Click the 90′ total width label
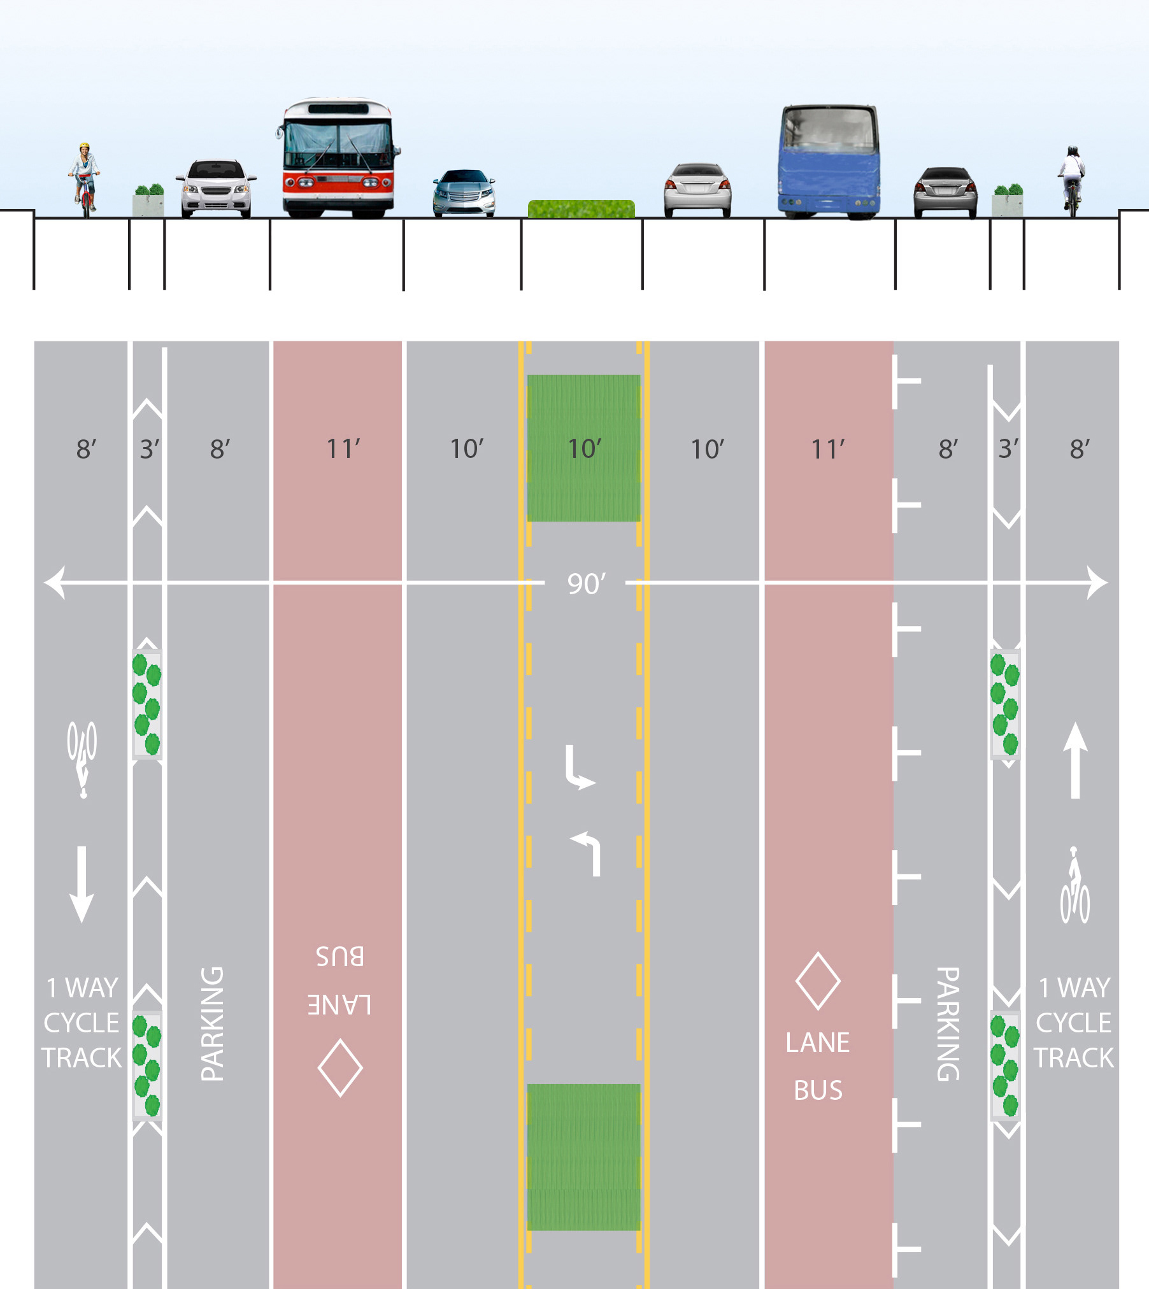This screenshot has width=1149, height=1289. point(586,583)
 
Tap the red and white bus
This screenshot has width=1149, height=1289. point(338,159)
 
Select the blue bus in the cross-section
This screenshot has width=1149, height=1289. point(829,162)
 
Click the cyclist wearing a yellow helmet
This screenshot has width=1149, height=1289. point(84,178)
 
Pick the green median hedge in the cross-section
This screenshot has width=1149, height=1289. point(581,209)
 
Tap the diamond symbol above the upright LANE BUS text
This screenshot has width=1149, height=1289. point(818,981)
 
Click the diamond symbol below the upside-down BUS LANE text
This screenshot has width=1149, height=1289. point(340,1068)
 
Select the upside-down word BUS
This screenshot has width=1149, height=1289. point(340,956)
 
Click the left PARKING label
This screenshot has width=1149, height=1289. point(212,1023)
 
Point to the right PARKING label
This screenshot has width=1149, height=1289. point(948,1023)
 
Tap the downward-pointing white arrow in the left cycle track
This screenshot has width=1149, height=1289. point(82,885)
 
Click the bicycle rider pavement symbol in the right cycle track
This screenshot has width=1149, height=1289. point(1074,885)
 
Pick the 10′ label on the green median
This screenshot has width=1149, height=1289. point(584,449)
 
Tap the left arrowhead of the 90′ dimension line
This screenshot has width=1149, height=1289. point(54,583)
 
